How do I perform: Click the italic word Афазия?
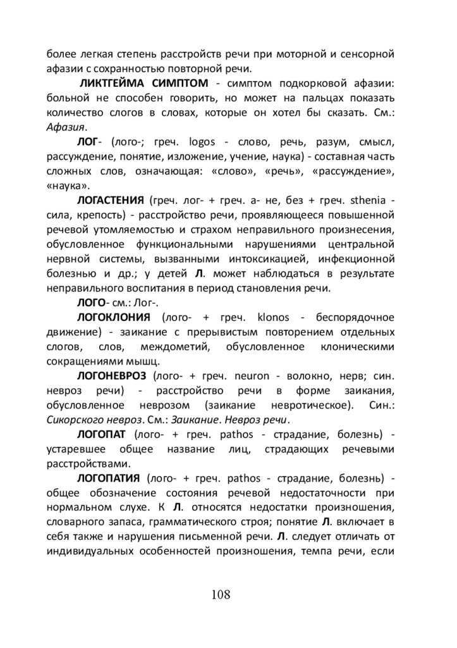tap(66, 126)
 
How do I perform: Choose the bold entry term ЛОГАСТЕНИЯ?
tap(111, 200)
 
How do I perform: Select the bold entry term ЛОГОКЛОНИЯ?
tap(113, 316)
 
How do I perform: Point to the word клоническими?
tap(356, 346)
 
